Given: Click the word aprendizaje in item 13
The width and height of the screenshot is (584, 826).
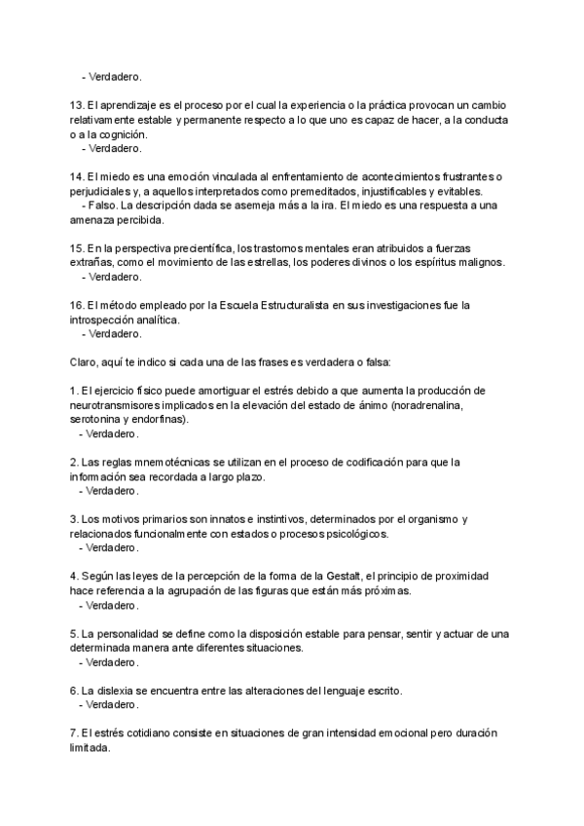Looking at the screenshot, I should coord(115,105).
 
